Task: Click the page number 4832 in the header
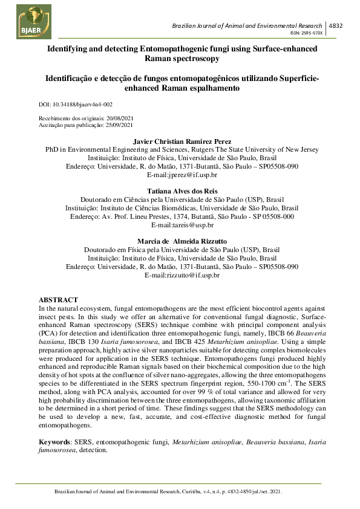coord(335,26)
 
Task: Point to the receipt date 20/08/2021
coord(116,118)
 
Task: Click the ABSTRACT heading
coord(58,300)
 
